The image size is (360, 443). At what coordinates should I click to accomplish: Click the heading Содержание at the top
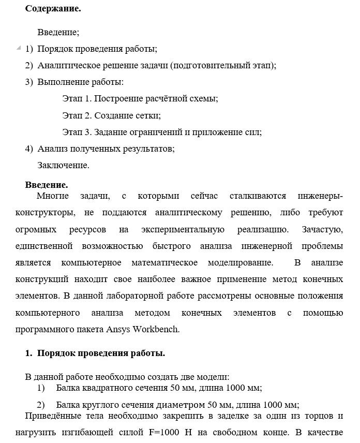(x=53, y=9)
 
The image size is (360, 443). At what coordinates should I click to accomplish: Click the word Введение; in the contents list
(x=58, y=33)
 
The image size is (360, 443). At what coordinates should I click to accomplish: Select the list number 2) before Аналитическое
(x=29, y=65)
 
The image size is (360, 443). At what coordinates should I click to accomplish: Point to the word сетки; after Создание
(x=148, y=115)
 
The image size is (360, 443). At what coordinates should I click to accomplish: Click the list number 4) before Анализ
(x=29, y=149)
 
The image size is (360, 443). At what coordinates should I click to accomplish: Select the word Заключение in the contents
(x=63, y=166)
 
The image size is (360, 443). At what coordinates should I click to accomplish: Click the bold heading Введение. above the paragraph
(x=47, y=184)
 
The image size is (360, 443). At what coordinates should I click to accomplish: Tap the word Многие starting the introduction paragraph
(x=52, y=196)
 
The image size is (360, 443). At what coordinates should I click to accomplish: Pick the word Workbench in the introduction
(x=156, y=330)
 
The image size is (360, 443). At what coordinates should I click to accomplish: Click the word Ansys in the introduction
(x=118, y=330)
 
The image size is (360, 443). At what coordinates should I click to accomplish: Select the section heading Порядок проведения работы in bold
(x=101, y=353)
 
